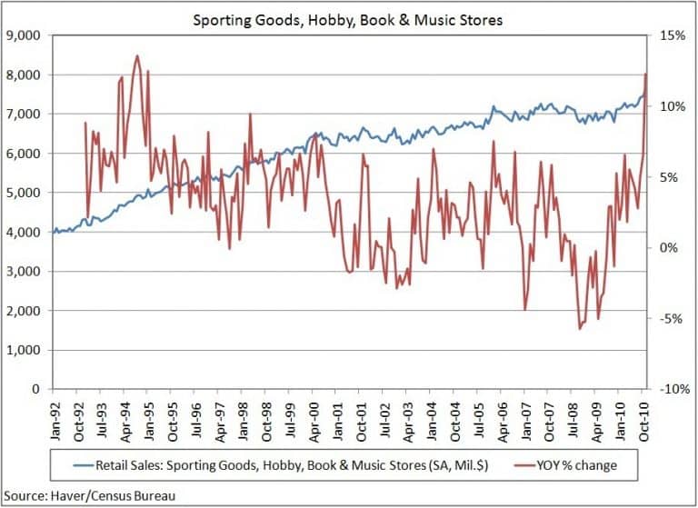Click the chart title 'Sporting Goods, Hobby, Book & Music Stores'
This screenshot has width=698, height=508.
coord(348,18)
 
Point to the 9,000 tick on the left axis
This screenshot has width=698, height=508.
coord(31,35)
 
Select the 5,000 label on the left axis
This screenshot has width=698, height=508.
coord(31,193)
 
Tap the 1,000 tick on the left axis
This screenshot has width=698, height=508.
coord(31,350)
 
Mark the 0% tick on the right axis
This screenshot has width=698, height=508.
coord(665,248)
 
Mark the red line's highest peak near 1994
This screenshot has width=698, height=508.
coord(137,56)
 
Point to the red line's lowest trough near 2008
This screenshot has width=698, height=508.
coord(580,328)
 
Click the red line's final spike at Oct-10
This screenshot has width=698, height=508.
coord(645,74)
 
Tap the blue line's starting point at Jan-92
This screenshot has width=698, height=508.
coord(55,233)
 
